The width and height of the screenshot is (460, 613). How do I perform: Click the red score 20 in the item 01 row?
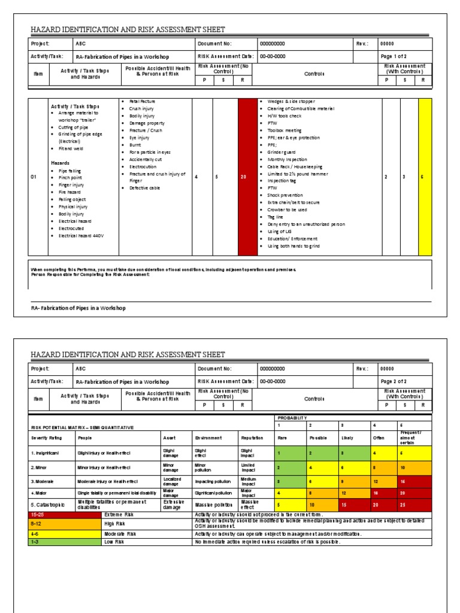coord(243,177)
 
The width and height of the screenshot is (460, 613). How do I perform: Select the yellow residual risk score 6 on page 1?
coord(422,177)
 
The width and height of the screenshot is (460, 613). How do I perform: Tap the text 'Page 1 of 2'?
coord(394,56)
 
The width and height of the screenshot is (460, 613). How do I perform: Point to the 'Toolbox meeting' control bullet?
coord(285,130)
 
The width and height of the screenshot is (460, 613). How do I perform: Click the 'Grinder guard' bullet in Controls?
coord(283,152)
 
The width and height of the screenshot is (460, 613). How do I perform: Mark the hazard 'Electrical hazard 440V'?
coord(81,235)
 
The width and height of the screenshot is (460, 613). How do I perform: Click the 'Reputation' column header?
coord(251,438)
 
